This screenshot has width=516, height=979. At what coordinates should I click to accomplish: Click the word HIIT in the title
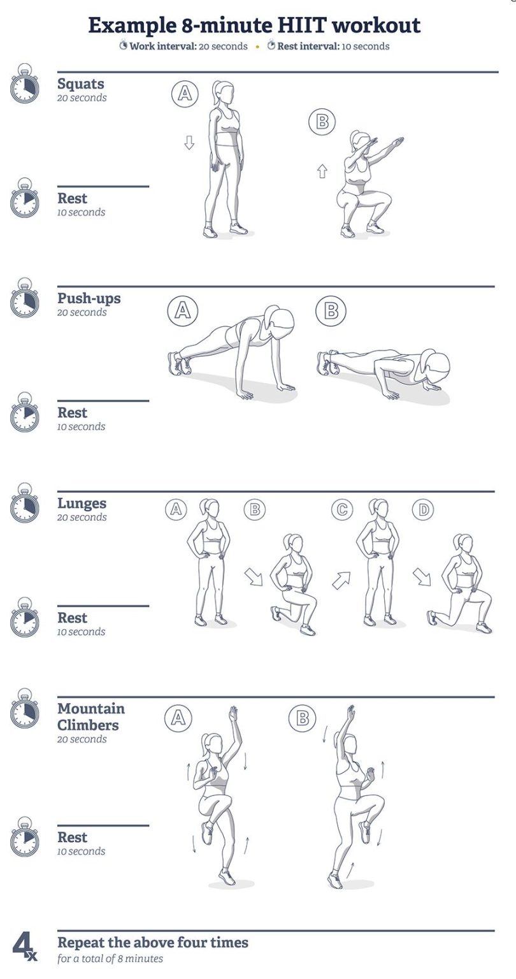(303, 25)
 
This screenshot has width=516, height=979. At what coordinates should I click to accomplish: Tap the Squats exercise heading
(80, 83)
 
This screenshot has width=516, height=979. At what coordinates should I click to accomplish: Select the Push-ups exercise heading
(89, 298)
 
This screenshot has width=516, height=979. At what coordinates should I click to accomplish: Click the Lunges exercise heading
(82, 503)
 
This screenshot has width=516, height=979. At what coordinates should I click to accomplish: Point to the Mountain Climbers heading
(90, 716)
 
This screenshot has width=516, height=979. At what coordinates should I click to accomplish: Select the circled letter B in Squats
(322, 122)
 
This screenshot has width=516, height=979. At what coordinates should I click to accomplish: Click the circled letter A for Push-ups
(182, 310)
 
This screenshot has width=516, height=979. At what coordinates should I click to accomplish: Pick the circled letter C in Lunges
(342, 509)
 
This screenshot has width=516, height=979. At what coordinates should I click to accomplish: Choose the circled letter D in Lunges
(422, 509)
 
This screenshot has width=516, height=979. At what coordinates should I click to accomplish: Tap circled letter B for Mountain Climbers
(302, 718)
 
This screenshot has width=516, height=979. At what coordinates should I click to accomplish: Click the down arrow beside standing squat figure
(189, 142)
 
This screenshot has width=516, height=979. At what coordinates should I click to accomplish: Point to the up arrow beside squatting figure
(322, 170)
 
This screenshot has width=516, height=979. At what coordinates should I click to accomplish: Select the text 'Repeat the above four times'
(153, 942)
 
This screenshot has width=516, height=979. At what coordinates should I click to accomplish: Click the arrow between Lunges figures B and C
(341, 579)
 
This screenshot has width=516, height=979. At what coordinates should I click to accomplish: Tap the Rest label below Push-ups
(72, 412)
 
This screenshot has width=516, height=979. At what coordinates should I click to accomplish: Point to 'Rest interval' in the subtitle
(308, 46)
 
